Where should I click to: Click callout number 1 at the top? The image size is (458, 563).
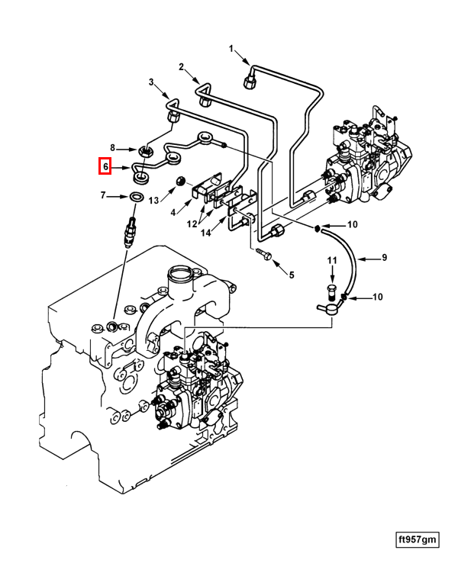(231, 49)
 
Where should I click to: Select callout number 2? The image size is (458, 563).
(182, 67)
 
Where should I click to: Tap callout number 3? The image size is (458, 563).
(151, 82)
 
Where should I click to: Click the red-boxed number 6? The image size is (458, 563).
(105, 166)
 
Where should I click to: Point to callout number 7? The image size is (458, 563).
(103, 197)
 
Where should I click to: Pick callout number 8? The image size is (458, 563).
(113, 148)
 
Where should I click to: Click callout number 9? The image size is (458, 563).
(385, 259)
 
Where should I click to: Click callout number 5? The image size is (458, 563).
(290, 272)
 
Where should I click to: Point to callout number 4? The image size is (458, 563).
(173, 212)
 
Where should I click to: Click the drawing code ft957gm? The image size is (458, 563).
(417, 540)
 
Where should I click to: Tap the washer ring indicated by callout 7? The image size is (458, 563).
(136, 198)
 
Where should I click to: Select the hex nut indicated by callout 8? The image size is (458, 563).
(143, 150)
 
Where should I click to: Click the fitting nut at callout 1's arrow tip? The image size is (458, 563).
(250, 78)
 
